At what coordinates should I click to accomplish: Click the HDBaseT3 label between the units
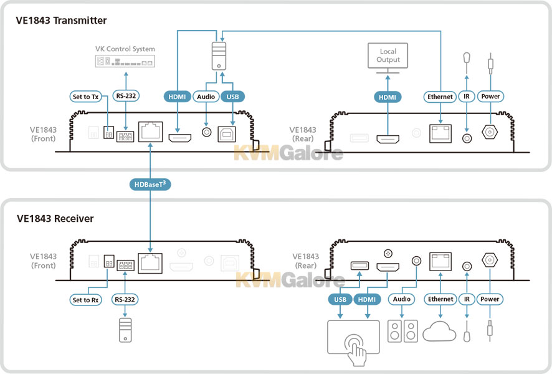pyautogui.click(x=150, y=184)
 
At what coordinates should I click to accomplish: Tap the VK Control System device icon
pyautogui.click(x=125, y=61)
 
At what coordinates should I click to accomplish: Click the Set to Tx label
pyautogui.click(x=85, y=97)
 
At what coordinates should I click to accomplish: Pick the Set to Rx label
pyautogui.click(x=85, y=300)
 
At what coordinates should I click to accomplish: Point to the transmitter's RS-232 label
pyautogui.click(x=126, y=96)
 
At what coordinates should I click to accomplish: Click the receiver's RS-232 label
pyautogui.click(x=125, y=299)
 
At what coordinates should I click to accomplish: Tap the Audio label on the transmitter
pyautogui.click(x=206, y=97)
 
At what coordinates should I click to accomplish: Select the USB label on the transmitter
pyautogui.click(x=232, y=97)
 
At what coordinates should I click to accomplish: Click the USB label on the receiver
pyautogui.click(x=340, y=299)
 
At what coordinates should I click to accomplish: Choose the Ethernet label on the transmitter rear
pyautogui.click(x=440, y=97)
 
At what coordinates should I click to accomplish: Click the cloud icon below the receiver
pyautogui.click(x=439, y=331)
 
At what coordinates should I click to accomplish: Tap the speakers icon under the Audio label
pyautogui.click(x=402, y=331)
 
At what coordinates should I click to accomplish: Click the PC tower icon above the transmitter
pyautogui.click(x=219, y=56)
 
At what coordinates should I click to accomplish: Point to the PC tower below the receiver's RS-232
pyautogui.click(x=125, y=330)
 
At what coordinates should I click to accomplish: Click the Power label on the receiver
pyautogui.click(x=490, y=299)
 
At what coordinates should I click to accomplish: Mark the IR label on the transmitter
pyautogui.click(x=467, y=96)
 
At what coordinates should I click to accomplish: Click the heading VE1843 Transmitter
pyautogui.click(x=61, y=21)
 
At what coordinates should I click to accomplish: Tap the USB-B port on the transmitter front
pyautogui.click(x=227, y=134)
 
